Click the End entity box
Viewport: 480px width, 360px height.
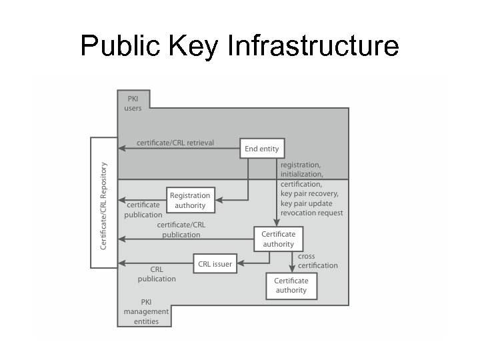262,149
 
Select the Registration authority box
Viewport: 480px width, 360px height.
190,200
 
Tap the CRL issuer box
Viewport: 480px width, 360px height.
215,264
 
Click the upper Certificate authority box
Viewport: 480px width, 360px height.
278,239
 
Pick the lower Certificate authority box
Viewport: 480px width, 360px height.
291,285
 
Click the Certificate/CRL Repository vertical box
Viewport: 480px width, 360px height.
103,202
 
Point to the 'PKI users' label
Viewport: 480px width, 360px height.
133,103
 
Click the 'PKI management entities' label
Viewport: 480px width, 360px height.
146,311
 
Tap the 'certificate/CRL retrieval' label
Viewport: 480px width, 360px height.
175,143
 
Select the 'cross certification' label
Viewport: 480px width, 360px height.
317,261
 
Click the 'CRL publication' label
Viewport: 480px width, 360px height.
157,274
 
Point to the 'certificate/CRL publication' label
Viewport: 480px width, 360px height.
181,230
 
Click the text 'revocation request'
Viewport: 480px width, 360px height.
312,213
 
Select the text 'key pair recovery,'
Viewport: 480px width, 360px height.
309,193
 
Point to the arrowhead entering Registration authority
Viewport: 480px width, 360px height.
219,199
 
